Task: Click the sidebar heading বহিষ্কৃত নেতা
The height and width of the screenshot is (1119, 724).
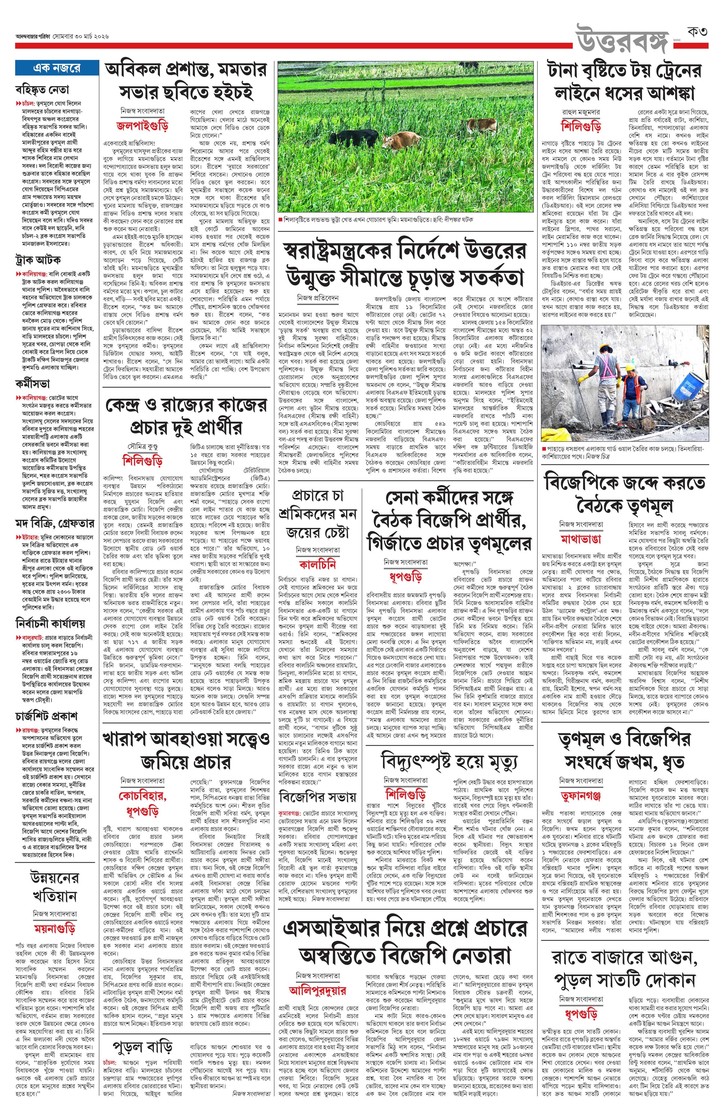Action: click(x=42, y=89)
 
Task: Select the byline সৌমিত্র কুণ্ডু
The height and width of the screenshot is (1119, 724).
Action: click(x=142, y=444)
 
